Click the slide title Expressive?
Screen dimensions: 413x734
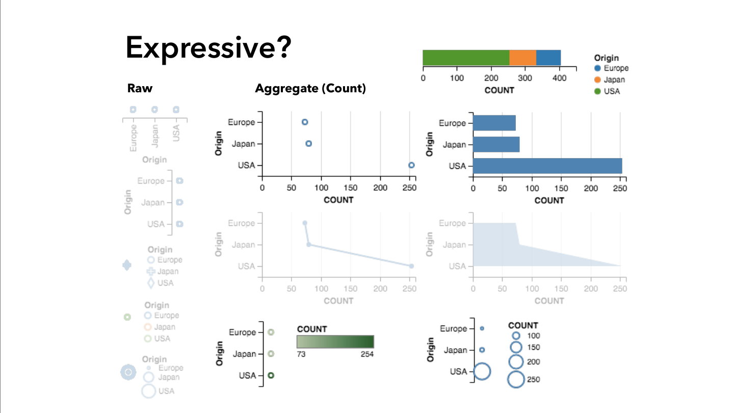coord(208,48)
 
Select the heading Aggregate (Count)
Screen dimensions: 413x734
coord(310,88)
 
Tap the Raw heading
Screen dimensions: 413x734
coord(140,88)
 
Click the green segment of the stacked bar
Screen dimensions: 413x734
coord(465,58)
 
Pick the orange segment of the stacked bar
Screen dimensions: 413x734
coord(522,58)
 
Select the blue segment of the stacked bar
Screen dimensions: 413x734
coord(548,58)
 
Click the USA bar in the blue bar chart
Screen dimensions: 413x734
coord(547,166)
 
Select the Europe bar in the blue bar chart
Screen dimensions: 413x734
coord(494,123)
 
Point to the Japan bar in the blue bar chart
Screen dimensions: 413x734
coord(496,144)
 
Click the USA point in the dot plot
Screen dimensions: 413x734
coord(411,165)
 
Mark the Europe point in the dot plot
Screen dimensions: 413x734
coord(305,122)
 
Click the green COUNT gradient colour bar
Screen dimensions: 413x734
coord(335,342)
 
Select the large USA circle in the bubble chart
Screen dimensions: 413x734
coord(482,372)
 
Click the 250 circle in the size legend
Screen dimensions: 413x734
coord(516,379)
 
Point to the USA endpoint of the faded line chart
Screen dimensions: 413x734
coord(411,266)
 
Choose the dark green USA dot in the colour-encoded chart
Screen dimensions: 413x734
coord(271,375)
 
